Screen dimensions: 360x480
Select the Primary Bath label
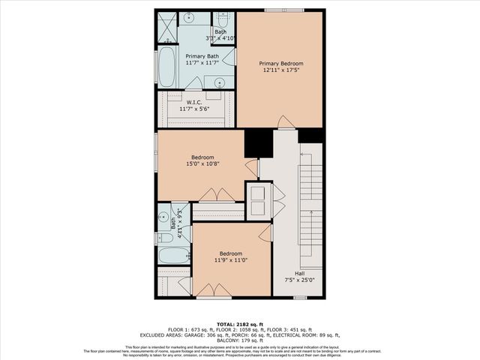(201, 56)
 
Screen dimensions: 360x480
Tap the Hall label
(299, 274)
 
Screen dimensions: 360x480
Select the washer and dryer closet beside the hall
(259, 199)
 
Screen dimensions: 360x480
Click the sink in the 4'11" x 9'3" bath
(164, 218)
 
